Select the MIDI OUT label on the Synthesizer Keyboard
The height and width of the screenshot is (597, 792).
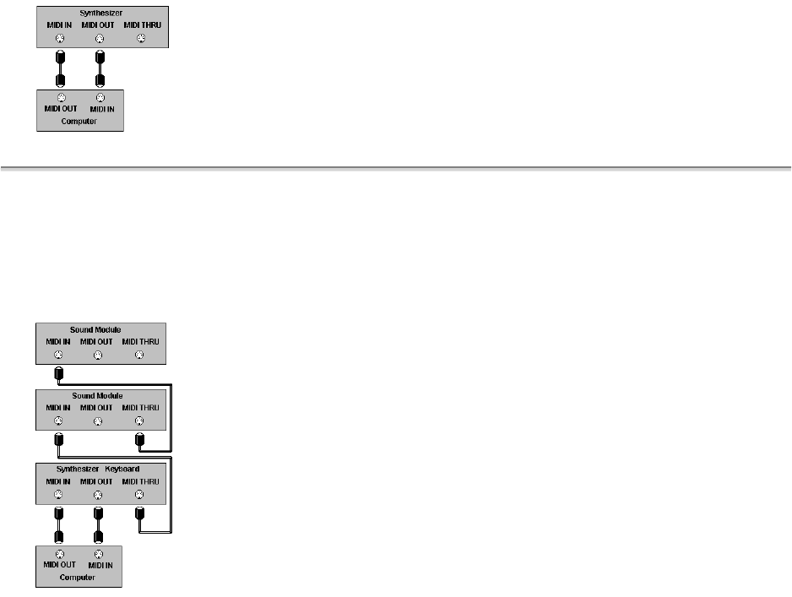tap(97, 481)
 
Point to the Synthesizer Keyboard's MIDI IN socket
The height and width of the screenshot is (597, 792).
tap(58, 494)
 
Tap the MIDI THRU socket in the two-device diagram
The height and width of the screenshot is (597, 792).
tap(141, 38)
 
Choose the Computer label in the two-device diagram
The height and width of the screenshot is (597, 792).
tap(79, 122)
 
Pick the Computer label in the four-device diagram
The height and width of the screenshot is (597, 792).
tap(78, 578)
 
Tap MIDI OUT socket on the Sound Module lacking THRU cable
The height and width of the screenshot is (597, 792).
tap(98, 355)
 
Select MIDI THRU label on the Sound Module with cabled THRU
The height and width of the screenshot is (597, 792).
tap(139, 409)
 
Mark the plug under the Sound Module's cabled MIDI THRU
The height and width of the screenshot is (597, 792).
tap(140, 440)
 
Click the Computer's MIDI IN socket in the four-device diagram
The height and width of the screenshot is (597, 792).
tap(99, 555)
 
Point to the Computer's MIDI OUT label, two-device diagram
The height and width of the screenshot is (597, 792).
tap(61, 109)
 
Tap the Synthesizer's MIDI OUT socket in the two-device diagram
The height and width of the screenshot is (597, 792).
tap(100, 38)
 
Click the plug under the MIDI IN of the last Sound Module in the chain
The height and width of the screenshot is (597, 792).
tap(58, 373)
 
